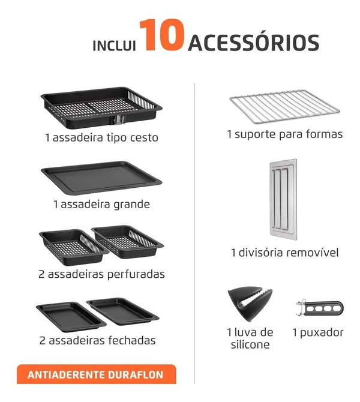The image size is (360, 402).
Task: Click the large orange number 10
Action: (x=161, y=35)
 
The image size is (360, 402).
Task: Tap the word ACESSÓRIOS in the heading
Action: (x=254, y=43)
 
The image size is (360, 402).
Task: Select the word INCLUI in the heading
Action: (x=114, y=46)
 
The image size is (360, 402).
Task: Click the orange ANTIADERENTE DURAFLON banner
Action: (x=97, y=374)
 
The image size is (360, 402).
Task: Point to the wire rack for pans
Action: (x=284, y=105)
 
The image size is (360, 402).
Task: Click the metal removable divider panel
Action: (x=283, y=199)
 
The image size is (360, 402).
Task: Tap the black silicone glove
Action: (x=250, y=304)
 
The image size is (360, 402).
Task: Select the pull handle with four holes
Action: (x=320, y=308)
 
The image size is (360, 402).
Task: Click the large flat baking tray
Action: (x=101, y=176)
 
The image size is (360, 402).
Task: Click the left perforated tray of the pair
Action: (x=73, y=247)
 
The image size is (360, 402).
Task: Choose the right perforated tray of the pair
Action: (x=127, y=242)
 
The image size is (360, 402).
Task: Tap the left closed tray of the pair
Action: (x=71, y=317)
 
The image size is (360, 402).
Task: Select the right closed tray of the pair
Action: (x=122, y=311)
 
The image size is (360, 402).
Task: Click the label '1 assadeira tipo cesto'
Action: (x=101, y=137)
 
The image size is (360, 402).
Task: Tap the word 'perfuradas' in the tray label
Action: (x=136, y=275)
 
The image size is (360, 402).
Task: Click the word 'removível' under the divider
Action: (x=313, y=253)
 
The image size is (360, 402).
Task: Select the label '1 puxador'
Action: (x=317, y=333)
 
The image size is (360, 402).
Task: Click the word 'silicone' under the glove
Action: (x=250, y=344)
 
